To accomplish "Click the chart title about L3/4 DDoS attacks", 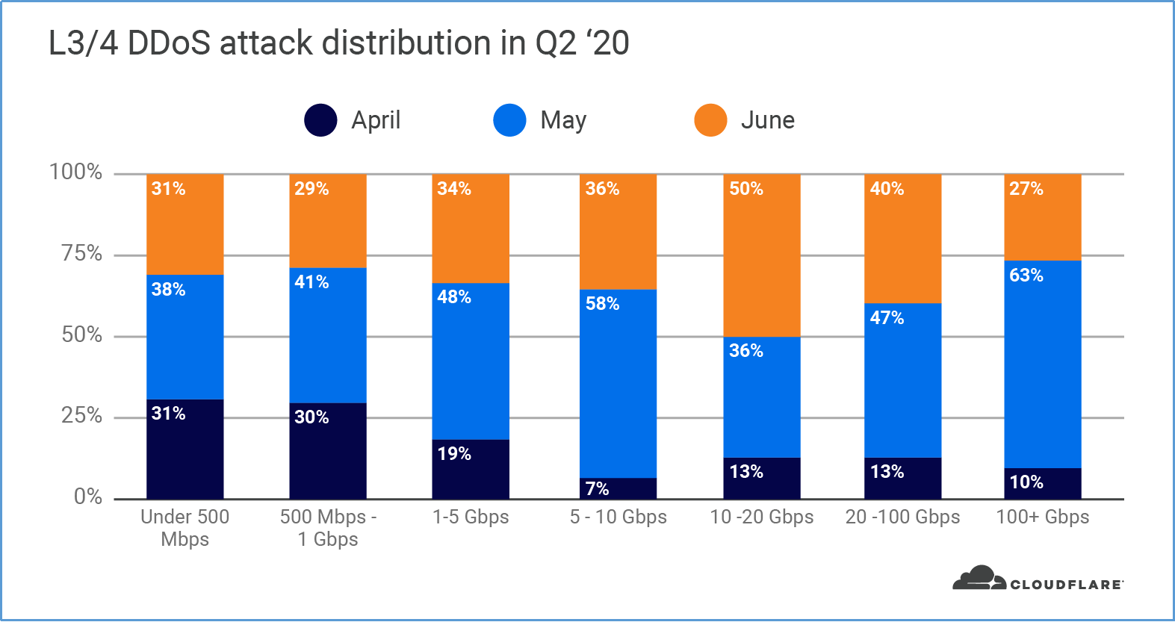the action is tap(339, 43).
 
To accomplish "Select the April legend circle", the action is tap(320, 120).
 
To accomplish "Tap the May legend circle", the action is tap(510, 120).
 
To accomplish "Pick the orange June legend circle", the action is tap(711, 120).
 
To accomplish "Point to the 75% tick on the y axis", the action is tap(82, 253).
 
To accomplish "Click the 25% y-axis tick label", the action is tap(82, 415).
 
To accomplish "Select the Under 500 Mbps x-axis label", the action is tap(185, 528).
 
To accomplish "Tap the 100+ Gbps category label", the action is tap(1042, 517).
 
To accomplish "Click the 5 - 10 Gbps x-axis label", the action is tap(618, 517).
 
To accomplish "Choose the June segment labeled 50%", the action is tap(762, 255).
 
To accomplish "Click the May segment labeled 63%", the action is tap(1043, 364).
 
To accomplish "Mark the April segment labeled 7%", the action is tap(618, 488).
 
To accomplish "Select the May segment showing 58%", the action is tap(618, 384).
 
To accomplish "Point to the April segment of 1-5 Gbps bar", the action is tap(471, 469).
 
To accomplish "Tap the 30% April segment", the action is tap(328, 451).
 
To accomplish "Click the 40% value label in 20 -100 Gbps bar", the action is tap(887, 189).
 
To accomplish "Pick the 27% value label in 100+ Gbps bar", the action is tap(1026, 189).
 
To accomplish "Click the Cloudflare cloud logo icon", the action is tap(979, 578).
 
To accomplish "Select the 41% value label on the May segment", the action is tap(311, 282).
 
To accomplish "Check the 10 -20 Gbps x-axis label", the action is tap(762, 517).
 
